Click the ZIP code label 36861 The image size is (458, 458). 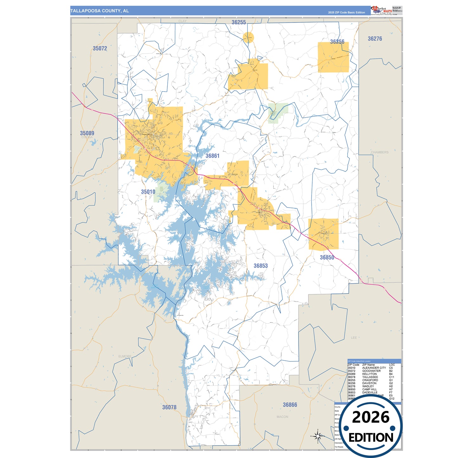click(x=212, y=156)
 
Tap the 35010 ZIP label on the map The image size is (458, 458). click(x=148, y=192)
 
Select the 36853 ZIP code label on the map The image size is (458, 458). click(x=261, y=266)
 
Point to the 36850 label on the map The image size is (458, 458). click(x=327, y=258)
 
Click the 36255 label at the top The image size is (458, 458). click(x=239, y=22)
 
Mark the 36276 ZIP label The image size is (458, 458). click(x=375, y=39)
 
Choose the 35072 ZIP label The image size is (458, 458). click(x=100, y=48)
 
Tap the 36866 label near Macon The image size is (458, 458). click(x=290, y=405)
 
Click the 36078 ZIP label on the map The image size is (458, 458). click(x=169, y=407)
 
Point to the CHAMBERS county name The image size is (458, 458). click(x=379, y=152)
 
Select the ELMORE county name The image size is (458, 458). click(x=125, y=356)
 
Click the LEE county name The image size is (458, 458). click(x=354, y=338)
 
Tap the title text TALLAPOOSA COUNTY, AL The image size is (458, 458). click(x=100, y=11)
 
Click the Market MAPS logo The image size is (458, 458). click(x=382, y=10)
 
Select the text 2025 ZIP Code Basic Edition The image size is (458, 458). click(x=346, y=13)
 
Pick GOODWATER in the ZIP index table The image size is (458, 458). click(x=371, y=371)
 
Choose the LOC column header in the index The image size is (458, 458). click(x=392, y=365)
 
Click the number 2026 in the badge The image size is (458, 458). click(x=371, y=417)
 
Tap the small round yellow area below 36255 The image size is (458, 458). click(x=248, y=37)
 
